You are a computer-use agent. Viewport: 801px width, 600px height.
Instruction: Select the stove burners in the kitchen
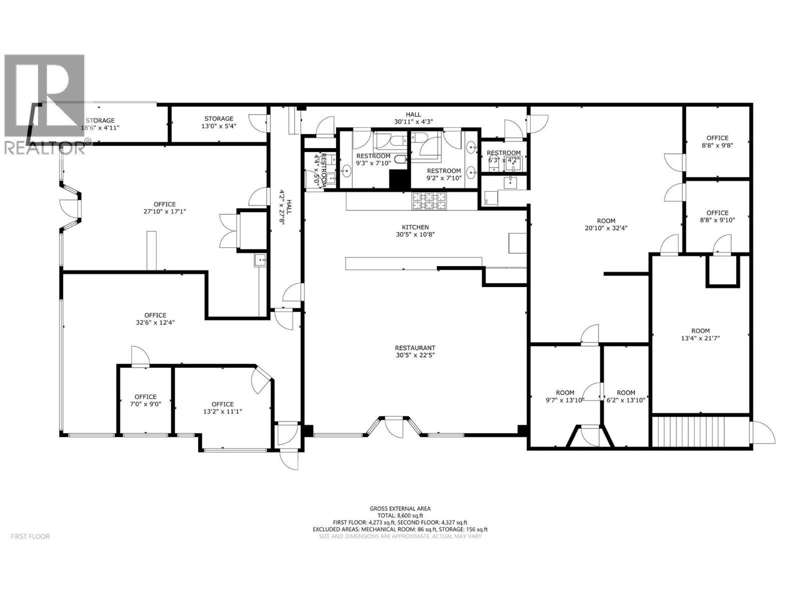pos(429,201)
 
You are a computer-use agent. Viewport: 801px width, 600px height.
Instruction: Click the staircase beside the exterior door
pos(701,433)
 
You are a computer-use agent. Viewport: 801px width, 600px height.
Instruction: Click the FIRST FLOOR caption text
pos(31,536)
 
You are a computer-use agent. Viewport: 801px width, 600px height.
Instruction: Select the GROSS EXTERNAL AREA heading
pos(400,508)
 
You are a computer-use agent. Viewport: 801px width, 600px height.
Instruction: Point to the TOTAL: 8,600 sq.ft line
pos(400,515)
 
